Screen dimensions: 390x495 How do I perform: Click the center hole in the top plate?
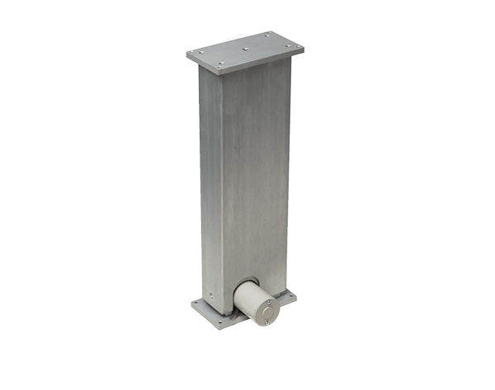pos(246,49)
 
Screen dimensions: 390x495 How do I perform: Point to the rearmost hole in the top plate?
pos(267,35)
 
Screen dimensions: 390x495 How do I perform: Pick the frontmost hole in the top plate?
pos(220,63)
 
